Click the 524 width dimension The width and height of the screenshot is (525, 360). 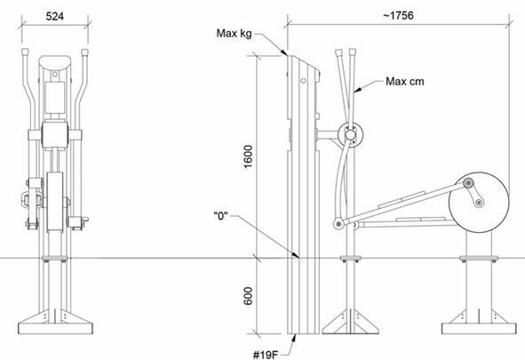(54, 16)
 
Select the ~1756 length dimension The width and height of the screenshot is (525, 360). (398, 15)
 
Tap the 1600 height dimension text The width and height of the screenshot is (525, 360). (248, 156)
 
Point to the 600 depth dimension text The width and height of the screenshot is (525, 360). (248, 296)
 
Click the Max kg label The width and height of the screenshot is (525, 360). (234, 33)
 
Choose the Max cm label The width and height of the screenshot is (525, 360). (405, 82)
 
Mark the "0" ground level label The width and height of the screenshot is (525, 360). (220, 216)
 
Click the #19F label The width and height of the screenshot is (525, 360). (266, 355)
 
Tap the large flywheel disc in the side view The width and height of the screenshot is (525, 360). (479, 203)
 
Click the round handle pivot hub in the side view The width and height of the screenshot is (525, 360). (350, 135)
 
